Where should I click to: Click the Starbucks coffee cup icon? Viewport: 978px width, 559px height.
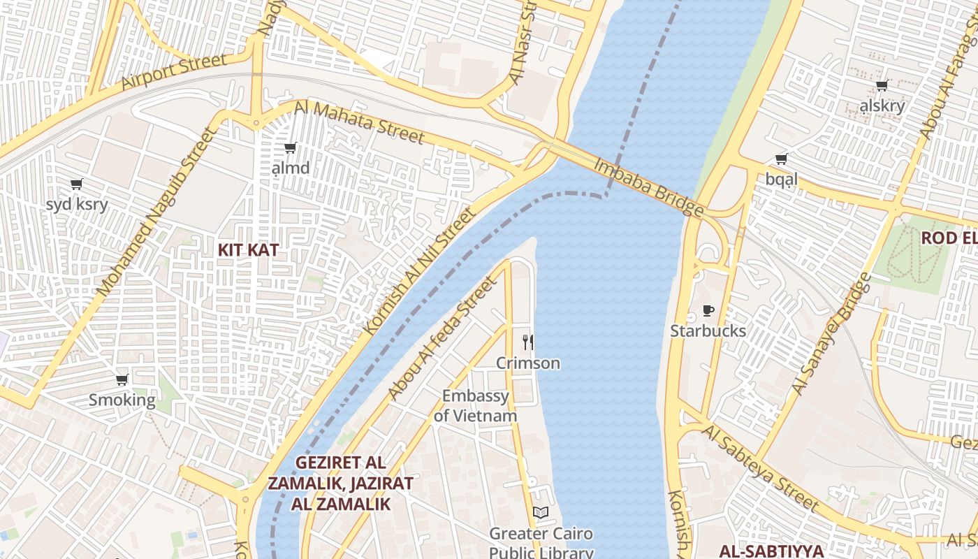(x=708, y=310)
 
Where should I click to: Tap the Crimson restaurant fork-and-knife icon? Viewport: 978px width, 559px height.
(x=528, y=342)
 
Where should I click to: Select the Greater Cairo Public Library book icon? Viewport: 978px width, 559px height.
(x=541, y=512)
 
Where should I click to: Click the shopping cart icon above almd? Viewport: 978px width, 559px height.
(x=290, y=147)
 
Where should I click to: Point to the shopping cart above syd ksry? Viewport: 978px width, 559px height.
(x=76, y=184)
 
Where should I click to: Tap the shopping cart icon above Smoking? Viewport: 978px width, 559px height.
(x=122, y=379)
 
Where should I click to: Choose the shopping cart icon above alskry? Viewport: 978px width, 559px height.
(x=882, y=85)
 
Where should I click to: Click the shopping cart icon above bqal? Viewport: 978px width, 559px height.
(x=781, y=159)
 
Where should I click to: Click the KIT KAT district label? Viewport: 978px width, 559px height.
(x=248, y=249)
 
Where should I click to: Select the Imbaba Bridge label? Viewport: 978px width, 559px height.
(x=648, y=187)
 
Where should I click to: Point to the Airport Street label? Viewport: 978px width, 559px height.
(x=174, y=71)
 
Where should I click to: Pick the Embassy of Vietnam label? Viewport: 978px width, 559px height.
(x=476, y=406)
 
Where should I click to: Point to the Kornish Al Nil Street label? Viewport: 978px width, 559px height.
(x=418, y=273)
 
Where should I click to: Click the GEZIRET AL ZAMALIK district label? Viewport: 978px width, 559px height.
(x=341, y=483)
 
